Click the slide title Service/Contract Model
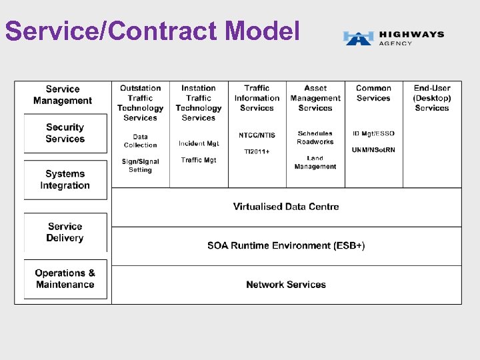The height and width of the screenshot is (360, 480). point(152,31)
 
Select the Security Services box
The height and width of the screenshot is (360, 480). point(65,133)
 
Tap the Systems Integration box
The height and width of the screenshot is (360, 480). point(65,179)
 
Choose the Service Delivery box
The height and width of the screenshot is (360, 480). point(65,232)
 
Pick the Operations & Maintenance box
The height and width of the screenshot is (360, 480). point(65,279)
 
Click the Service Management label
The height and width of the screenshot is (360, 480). point(63,95)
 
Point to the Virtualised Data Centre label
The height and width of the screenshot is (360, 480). point(286,207)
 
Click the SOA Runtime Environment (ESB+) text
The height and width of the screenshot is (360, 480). point(286,245)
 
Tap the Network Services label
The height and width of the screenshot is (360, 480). point(286,285)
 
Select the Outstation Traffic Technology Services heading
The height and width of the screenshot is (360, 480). point(140,103)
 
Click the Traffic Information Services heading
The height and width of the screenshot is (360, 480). point(257,97)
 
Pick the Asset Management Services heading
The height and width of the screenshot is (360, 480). point(315,97)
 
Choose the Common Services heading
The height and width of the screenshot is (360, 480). point(373,93)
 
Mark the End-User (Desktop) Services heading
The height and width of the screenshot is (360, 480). point(432,97)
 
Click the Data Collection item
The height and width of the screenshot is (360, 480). point(140,141)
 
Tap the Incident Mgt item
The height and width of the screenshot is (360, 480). point(199,143)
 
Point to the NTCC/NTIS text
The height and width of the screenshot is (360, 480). point(257,135)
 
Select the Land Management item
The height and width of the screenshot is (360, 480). point(315,163)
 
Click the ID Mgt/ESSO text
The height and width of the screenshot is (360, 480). point(373,133)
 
